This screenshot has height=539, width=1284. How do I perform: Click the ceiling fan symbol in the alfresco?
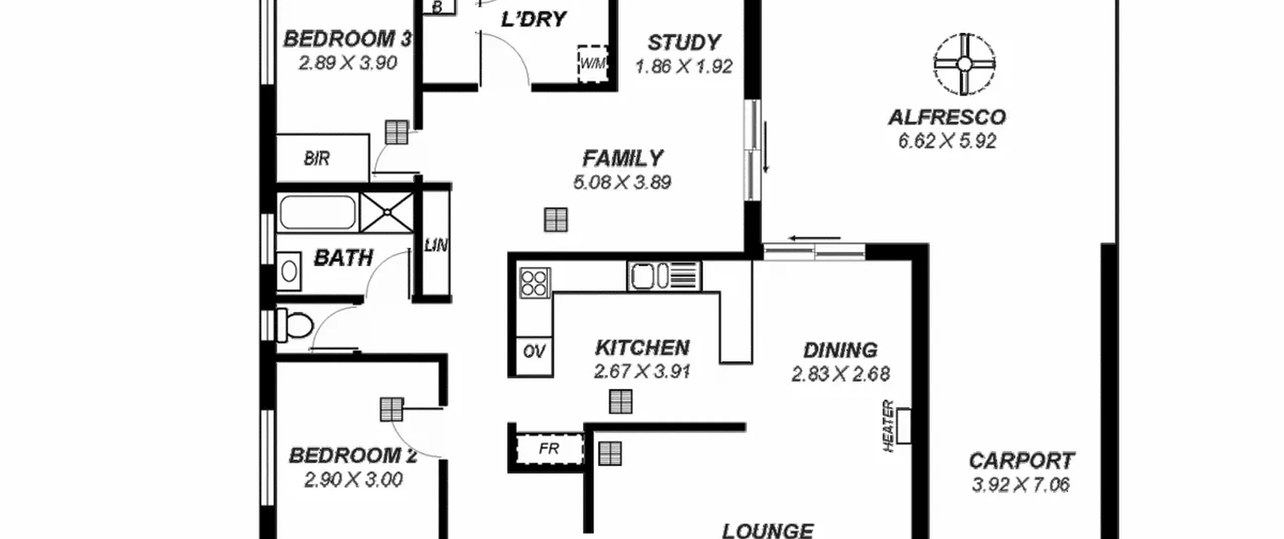[964, 64]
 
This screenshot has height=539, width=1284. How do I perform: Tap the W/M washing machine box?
[592, 64]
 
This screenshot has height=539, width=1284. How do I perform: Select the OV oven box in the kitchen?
[534, 351]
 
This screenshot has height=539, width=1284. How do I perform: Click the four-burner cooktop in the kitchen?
[535, 283]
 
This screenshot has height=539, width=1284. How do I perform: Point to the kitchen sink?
[664, 276]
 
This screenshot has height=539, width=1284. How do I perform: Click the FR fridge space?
[549, 449]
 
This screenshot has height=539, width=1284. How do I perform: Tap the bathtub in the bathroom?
[317, 213]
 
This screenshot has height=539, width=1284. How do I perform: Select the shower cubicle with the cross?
[387, 213]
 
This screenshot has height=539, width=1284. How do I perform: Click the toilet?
[294, 325]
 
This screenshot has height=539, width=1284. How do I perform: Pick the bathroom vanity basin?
[289, 271]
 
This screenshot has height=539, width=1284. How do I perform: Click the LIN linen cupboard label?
[436, 245]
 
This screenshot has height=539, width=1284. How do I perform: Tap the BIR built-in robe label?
[317, 158]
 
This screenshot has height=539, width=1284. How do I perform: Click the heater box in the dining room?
[904, 426]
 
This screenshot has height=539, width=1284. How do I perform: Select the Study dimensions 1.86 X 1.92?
[684, 66]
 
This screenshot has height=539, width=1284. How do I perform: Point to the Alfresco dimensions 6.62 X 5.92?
[947, 141]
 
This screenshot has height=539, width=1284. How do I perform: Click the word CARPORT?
[1021, 460]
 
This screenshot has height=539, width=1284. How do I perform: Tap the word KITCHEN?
[642, 347]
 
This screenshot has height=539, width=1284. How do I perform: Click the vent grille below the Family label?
[556, 220]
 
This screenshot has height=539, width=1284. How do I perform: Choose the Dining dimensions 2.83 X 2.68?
[841, 374]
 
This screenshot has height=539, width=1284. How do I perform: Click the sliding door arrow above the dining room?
[814, 238]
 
